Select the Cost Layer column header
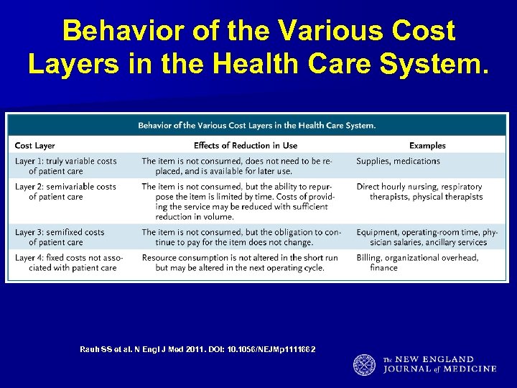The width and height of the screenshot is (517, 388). (x=34, y=146)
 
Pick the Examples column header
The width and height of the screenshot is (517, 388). (x=427, y=146)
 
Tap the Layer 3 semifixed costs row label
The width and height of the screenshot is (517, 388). (x=60, y=237)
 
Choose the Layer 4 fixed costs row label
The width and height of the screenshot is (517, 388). (x=68, y=262)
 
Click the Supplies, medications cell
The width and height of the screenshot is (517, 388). (x=398, y=161)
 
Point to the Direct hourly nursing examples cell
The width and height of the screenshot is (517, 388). (x=420, y=192)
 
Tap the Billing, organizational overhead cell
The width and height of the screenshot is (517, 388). (x=417, y=262)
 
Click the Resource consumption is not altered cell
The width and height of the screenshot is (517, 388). (x=239, y=262)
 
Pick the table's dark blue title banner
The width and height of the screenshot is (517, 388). (x=256, y=126)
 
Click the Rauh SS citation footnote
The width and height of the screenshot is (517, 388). (x=197, y=349)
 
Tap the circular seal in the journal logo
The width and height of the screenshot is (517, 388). (x=364, y=365)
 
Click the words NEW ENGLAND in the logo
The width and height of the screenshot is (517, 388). (x=439, y=359)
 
